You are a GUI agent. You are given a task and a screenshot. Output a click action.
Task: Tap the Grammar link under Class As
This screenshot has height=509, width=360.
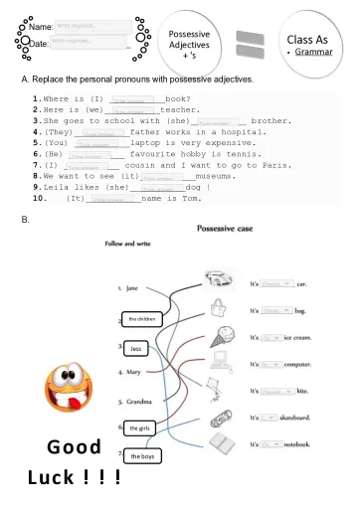point(313,50)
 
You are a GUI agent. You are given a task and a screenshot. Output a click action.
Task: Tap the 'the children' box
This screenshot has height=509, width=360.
point(141,319)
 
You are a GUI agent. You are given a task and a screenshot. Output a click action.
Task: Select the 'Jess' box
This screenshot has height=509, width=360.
point(137,349)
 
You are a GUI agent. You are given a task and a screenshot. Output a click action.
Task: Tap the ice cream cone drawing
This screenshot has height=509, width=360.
point(219,337)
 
